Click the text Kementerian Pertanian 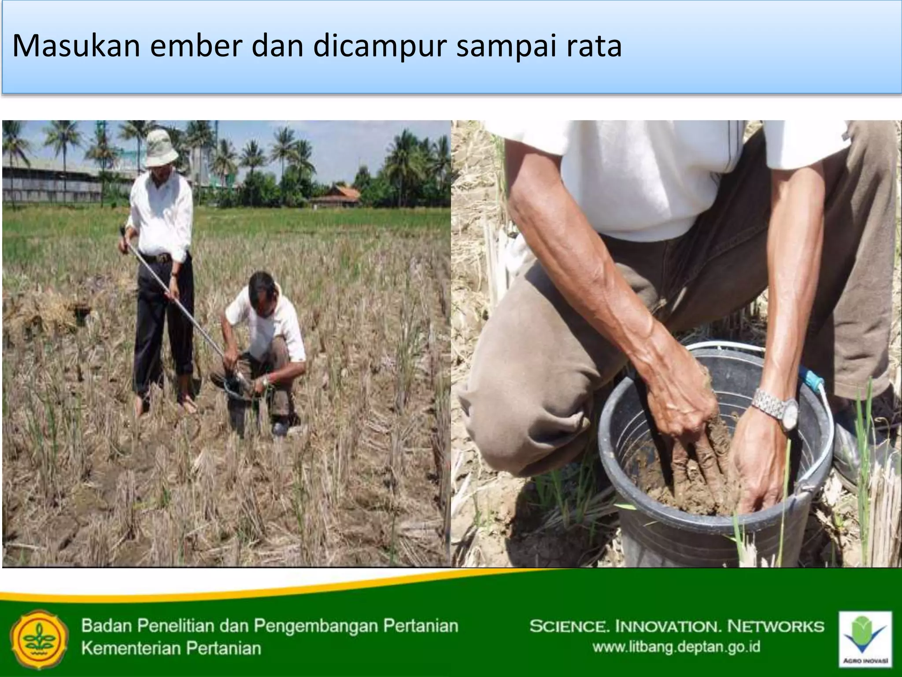coord(171,648)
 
